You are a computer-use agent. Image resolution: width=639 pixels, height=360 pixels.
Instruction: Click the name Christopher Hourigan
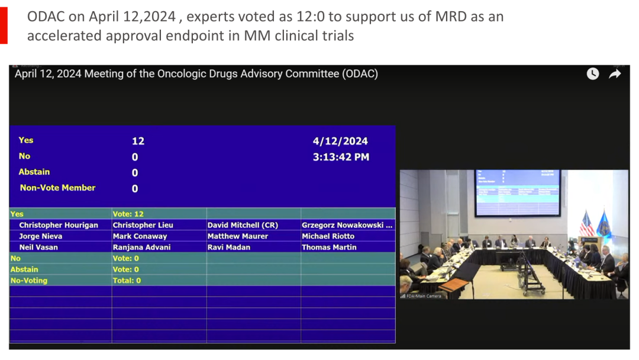tap(59, 225)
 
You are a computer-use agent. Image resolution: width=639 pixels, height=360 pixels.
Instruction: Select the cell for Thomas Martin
tap(329, 247)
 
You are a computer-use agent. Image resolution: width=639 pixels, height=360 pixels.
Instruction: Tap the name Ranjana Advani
tap(142, 247)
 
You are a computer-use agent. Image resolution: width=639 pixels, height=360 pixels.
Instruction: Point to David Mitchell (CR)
tap(243, 225)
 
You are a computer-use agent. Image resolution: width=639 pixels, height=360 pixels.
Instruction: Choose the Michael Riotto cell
tap(328, 236)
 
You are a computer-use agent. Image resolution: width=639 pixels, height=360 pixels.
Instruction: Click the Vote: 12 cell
tap(128, 214)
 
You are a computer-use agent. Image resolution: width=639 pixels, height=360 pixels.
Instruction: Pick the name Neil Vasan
tap(38, 247)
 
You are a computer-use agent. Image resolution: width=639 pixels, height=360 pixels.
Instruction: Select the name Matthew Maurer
tap(238, 236)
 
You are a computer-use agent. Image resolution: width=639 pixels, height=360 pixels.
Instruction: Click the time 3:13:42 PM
tap(341, 157)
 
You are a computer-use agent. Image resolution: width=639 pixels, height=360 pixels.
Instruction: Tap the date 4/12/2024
tap(340, 141)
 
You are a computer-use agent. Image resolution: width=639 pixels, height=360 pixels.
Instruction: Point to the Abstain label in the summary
tap(34, 172)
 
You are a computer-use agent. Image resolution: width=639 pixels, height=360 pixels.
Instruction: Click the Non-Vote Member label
tap(57, 188)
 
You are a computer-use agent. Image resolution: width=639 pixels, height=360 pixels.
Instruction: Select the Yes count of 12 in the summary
tap(138, 142)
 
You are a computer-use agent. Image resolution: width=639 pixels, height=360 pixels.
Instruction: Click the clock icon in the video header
tap(592, 73)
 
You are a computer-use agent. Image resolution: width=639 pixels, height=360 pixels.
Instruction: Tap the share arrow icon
tap(615, 73)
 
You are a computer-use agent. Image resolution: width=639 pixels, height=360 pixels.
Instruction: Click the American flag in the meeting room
tap(586, 223)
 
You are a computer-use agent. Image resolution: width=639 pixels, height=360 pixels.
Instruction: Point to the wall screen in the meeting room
tap(518, 192)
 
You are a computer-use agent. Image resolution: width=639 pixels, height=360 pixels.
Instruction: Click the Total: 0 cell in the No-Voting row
tap(127, 280)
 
